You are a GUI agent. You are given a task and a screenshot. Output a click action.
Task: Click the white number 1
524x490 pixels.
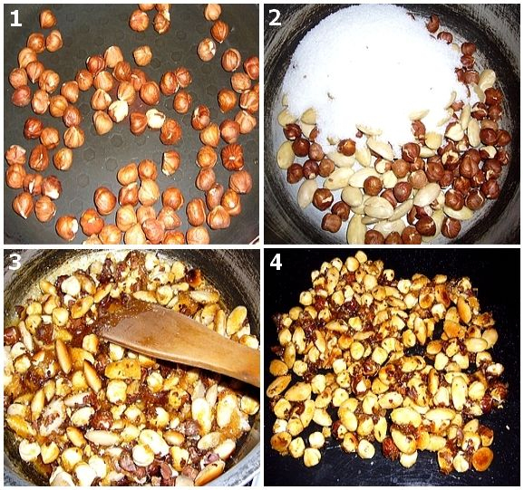pyautogui.click(x=15, y=18)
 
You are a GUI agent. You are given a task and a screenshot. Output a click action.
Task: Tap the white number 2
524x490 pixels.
pyautogui.click(x=275, y=18)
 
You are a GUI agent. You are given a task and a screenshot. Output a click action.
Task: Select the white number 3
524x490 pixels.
pyautogui.click(x=15, y=263)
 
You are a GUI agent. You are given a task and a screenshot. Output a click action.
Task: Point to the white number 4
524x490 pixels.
pyautogui.click(x=276, y=263)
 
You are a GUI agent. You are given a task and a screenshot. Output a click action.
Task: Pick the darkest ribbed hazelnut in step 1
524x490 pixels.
pyautogui.click(x=232, y=157)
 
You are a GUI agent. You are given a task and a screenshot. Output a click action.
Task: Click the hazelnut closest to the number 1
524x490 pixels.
pyautogui.click(x=48, y=19)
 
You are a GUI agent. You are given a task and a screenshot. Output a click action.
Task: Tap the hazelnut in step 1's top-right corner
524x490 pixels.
pyautogui.click(x=251, y=68)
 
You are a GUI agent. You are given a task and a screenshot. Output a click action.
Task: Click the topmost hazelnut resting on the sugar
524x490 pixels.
pyautogui.click(x=433, y=24)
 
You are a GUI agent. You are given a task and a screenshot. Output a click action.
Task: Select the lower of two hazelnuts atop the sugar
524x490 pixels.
pyautogui.click(x=445, y=37)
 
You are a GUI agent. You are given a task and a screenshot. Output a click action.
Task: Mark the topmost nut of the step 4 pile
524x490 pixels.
pyautogui.click(x=361, y=257)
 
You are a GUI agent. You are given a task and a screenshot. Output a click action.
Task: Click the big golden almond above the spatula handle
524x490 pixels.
pyautogui.click(x=237, y=320)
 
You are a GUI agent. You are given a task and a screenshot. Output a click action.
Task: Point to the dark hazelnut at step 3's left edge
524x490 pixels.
pyautogui.click(x=10, y=335)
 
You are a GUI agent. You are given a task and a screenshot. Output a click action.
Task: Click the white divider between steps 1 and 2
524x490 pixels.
pyautogui.click(x=261, y=123)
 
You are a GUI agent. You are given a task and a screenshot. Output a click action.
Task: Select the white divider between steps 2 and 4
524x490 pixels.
pyautogui.click(x=392, y=246)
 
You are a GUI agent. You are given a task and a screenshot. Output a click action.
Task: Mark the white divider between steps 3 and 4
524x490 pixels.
pyautogui.click(x=261, y=367)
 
